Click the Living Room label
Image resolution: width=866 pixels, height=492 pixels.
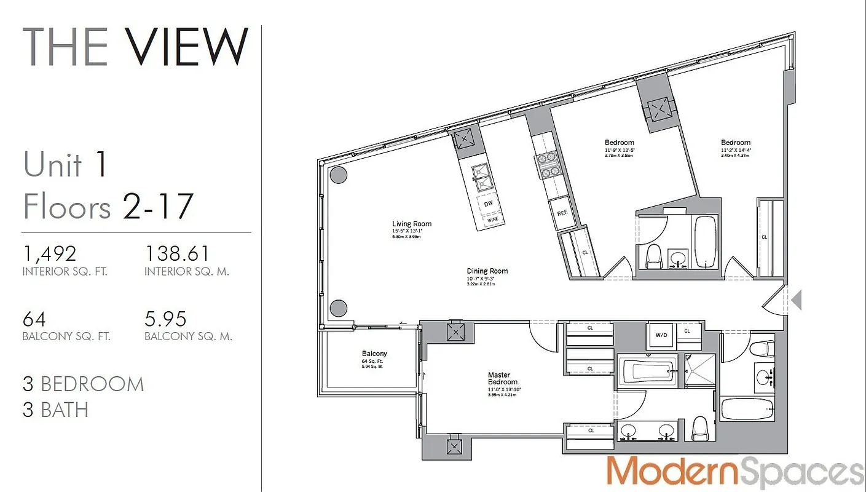[412, 224]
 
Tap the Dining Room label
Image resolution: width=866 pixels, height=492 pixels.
[487, 271]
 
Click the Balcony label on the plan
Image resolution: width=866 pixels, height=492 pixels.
[374, 354]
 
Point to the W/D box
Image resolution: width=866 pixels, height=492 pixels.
[661, 336]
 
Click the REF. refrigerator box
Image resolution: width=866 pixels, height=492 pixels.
[561, 212]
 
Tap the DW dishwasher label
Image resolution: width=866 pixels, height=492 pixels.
[489, 204]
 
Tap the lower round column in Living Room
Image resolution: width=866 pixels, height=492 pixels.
[338, 308]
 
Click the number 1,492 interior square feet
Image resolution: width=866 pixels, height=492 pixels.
[50, 253]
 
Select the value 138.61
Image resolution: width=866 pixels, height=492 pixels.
[177, 253]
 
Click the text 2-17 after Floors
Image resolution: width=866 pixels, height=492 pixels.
[159, 206]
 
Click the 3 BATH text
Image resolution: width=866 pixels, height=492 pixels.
[55, 410]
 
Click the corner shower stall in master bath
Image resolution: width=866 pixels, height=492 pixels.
[700, 371]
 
